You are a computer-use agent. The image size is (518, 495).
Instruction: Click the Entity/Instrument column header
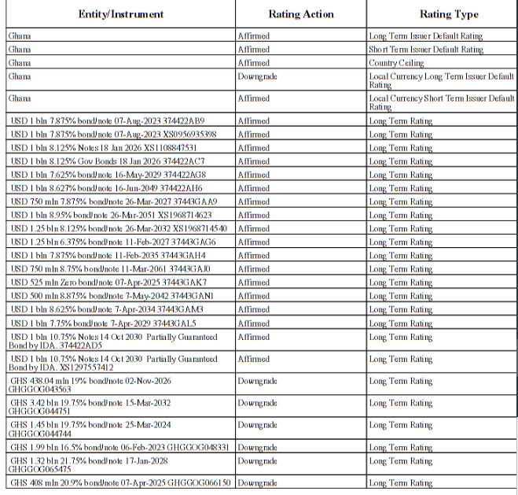point(120,14)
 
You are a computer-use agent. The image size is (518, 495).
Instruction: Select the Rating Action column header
point(300,14)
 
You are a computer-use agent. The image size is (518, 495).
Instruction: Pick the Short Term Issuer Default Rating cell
point(426,50)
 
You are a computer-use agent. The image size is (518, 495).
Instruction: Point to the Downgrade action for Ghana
point(257,76)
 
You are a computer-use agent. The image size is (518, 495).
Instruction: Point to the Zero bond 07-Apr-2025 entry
point(108,283)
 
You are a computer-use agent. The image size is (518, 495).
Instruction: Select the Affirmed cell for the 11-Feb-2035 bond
point(253,256)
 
